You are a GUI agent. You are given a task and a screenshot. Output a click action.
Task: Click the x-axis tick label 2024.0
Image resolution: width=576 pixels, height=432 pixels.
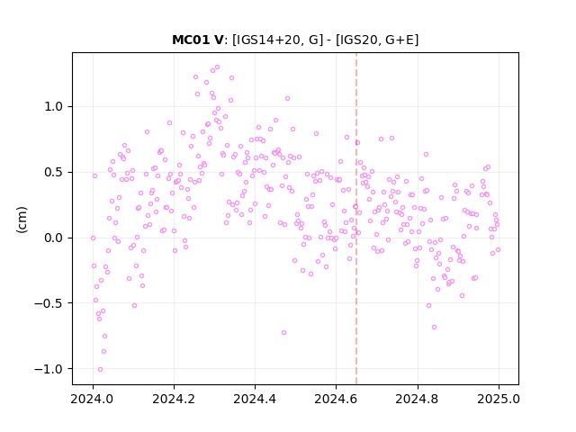point(93,399)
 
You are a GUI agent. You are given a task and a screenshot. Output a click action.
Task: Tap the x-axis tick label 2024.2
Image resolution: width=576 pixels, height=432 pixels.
point(174,399)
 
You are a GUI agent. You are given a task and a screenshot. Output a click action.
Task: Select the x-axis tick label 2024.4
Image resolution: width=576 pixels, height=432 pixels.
point(255,399)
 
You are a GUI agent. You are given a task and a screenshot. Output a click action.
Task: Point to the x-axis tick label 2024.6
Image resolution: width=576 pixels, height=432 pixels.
point(336,399)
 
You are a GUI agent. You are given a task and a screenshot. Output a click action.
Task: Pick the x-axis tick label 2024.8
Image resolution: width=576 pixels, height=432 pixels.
point(418,399)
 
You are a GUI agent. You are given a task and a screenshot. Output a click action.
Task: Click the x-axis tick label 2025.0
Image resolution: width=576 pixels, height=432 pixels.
point(499,399)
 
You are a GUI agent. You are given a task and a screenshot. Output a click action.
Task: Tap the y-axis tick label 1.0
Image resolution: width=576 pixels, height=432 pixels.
point(54,107)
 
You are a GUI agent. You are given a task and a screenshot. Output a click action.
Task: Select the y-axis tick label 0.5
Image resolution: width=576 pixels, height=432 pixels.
point(54,172)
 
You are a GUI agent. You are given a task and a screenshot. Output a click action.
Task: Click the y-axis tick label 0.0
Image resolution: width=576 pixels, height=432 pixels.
point(54,238)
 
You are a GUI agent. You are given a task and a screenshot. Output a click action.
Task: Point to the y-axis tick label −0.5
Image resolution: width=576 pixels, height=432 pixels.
point(49,303)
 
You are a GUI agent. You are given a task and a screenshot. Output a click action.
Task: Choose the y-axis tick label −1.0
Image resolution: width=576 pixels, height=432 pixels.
point(49,369)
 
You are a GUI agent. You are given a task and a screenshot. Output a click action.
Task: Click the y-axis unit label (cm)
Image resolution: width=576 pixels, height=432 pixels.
point(22,220)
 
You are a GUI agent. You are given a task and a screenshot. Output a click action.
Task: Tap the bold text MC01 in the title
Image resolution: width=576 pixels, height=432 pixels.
point(188,40)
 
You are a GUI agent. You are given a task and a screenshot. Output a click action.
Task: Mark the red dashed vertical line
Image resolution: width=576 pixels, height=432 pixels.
point(356,219)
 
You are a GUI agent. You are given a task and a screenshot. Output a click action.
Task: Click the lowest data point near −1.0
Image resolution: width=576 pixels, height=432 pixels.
point(100,370)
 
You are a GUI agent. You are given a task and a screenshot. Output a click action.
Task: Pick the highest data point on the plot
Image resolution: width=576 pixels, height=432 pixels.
point(217,67)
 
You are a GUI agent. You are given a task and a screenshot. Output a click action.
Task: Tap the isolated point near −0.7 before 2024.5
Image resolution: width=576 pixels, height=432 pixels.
point(284,333)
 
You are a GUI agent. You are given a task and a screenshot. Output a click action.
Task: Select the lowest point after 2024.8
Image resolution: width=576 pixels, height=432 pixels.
point(434,328)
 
